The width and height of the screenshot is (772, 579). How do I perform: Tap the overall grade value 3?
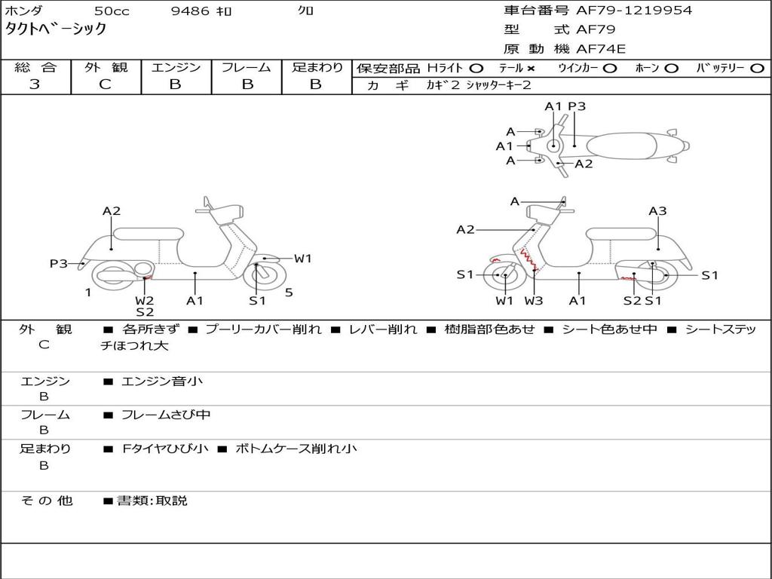click(35, 84)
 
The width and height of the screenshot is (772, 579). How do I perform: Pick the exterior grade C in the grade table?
click(106, 84)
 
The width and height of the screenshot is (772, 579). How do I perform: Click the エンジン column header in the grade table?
click(176, 67)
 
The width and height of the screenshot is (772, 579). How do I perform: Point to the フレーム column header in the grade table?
click(247, 67)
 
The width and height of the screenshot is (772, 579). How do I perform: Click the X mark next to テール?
click(532, 69)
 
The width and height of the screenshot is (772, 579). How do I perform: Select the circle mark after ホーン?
click(672, 69)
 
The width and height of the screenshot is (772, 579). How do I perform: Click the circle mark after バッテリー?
click(757, 69)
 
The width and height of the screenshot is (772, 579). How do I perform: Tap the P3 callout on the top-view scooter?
click(577, 106)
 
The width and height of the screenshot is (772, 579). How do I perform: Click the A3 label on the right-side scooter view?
click(657, 211)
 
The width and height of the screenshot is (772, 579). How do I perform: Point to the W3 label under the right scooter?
click(534, 301)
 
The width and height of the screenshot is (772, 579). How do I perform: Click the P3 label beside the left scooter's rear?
click(59, 263)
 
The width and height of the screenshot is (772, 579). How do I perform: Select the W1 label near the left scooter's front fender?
click(303, 259)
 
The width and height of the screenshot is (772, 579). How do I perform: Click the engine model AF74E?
click(601, 49)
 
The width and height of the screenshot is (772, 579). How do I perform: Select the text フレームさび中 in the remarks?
click(166, 415)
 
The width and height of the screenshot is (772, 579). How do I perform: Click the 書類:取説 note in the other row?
click(152, 501)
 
